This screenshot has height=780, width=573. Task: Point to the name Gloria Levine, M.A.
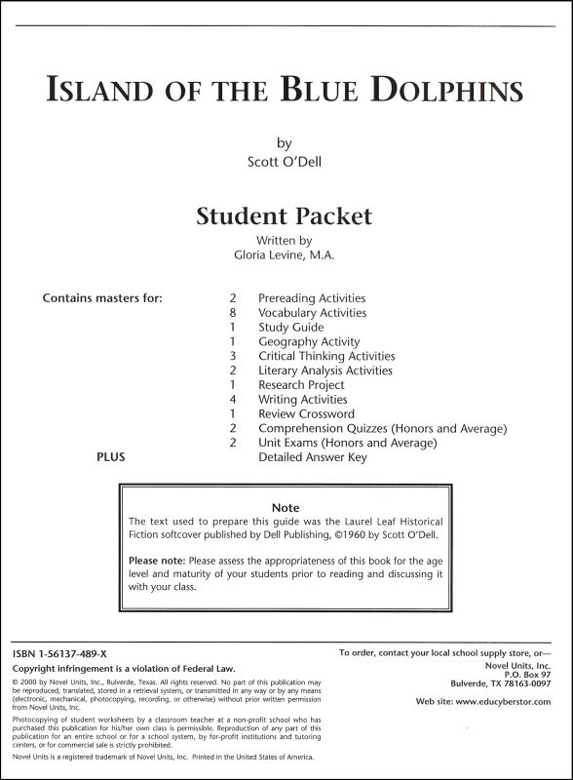285,255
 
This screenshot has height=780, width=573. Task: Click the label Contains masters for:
102,298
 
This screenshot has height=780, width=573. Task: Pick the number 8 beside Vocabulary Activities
233,313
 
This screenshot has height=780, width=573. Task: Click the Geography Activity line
308,342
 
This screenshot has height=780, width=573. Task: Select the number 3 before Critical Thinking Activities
233,356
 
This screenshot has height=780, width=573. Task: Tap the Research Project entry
300,385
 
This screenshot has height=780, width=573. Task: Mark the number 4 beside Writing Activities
233,400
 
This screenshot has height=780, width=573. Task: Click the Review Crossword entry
306,414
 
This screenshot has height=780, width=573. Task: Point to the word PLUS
110,457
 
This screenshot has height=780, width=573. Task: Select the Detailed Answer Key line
312,457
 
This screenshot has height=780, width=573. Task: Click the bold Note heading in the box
286,508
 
